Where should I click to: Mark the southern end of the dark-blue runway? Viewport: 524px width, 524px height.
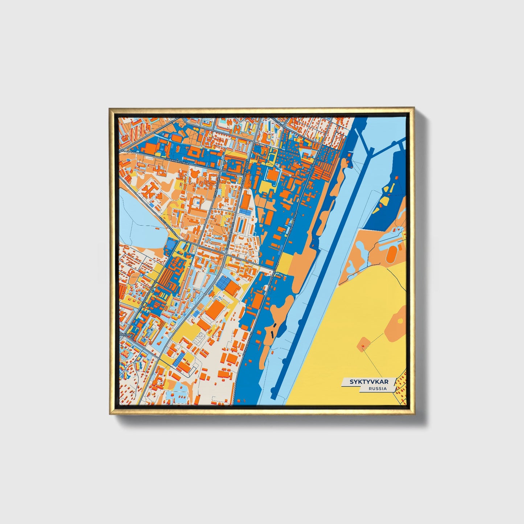pyautogui.click(x=277, y=387)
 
